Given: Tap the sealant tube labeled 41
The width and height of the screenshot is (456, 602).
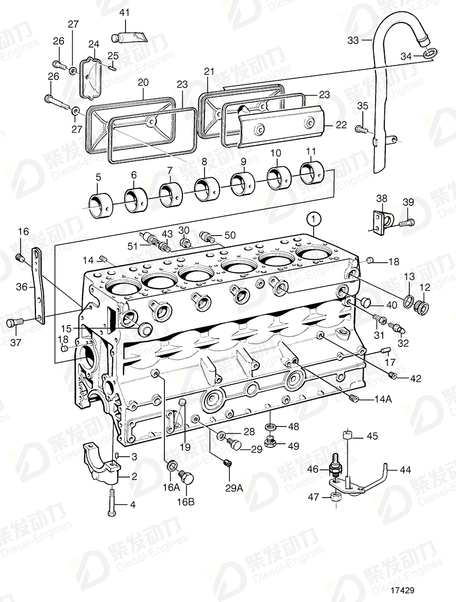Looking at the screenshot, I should coord(131,38).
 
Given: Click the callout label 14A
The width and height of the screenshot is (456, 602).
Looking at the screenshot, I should coord(382,399).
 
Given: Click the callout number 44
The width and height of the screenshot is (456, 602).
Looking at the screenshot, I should coord(405,468).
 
